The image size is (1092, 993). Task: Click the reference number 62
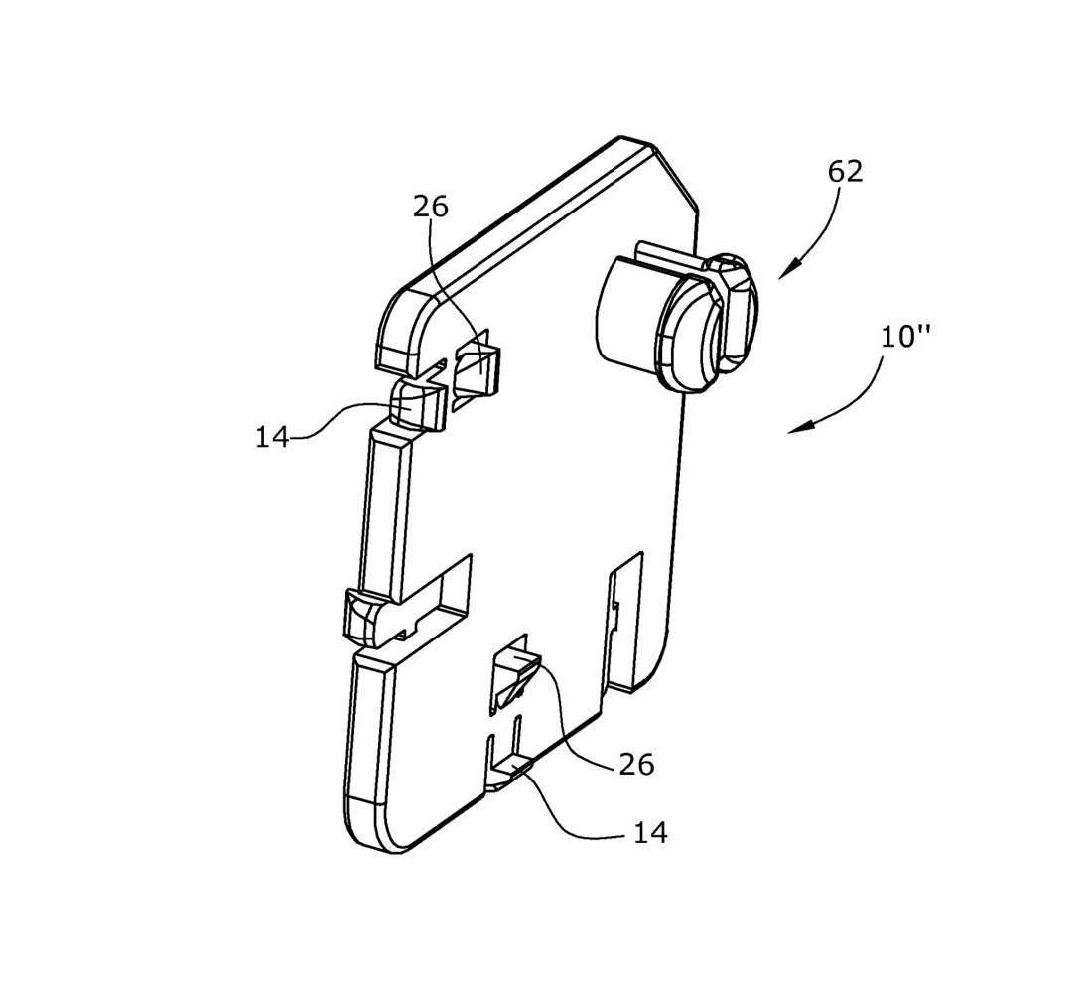pos(845,172)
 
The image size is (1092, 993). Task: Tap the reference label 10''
pos(905,338)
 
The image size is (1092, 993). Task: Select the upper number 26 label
pos(431,207)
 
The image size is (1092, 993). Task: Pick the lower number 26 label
pos(636,765)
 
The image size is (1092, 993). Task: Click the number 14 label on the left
pos(272,437)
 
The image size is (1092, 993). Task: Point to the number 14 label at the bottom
pos(650,832)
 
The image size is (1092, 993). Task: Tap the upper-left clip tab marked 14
pos(417,403)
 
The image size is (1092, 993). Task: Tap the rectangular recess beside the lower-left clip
pos(439,592)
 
